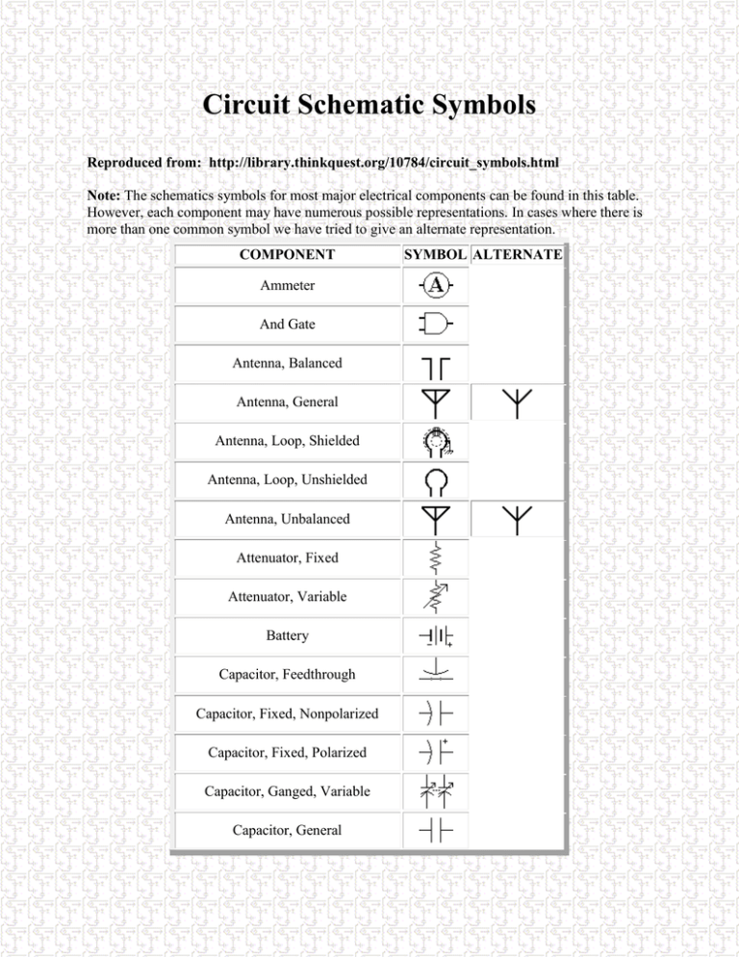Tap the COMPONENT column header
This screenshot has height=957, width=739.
pos(287,255)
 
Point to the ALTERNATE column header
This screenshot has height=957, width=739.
pos(517,255)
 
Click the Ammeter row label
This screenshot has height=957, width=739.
pos(287,286)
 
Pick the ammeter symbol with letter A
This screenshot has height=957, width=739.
pos(437,285)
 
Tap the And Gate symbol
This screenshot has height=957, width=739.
pos(436,323)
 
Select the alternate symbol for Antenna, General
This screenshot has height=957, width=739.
pos(517,404)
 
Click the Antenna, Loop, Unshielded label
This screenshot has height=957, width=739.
pos(287,479)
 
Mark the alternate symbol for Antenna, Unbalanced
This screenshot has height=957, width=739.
pos(517,520)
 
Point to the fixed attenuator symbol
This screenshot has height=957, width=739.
pos(436,558)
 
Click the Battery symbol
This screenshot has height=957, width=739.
pos(436,636)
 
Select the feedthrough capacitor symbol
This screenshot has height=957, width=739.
pos(436,672)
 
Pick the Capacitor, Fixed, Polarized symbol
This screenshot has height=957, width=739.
pos(436,751)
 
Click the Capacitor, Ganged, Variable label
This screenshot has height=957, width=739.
pos(287,791)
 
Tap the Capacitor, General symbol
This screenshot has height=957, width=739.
pos(436,830)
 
